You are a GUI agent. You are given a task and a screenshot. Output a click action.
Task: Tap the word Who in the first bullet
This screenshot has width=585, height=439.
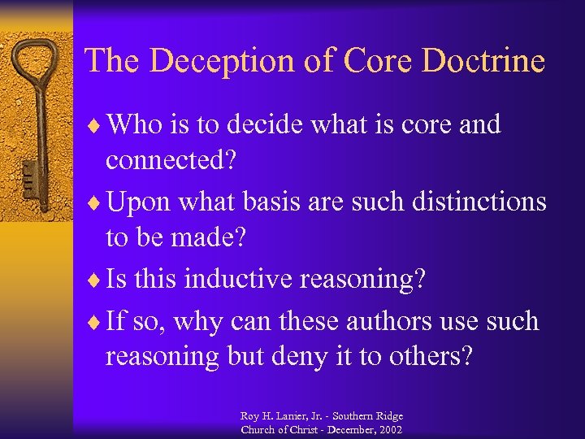pos(135,125)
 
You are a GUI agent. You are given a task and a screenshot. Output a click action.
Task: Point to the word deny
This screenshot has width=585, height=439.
pos(301,356)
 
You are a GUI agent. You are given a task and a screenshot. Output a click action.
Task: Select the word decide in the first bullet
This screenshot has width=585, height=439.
pos(265,125)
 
